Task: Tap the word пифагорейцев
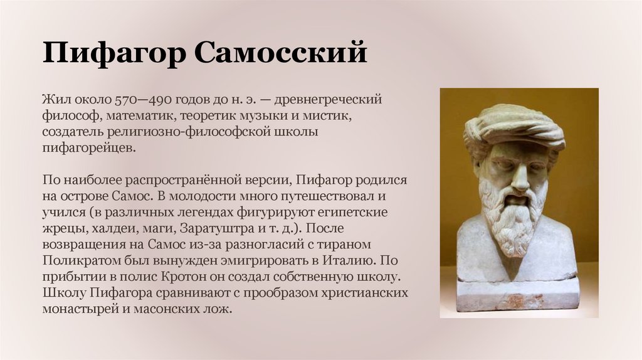tap(88, 149)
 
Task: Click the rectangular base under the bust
tap(517, 295)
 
